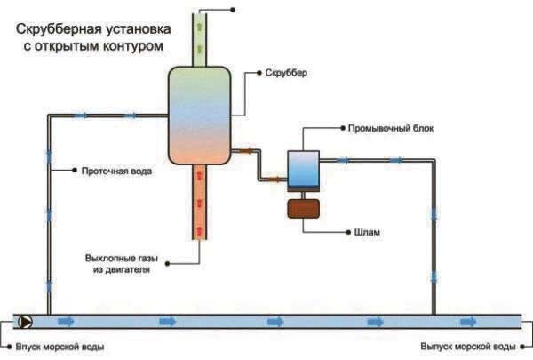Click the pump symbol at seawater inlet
(x=25, y=322)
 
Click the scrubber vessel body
(x=200, y=116)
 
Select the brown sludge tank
(x=303, y=209)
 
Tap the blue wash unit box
(x=303, y=169)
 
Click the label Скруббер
(x=286, y=73)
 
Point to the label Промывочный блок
(x=391, y=128)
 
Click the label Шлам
(x=367, y=232)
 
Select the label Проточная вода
(x=116, y=171)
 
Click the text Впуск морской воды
(x=60, y=347)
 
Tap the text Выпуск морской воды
(x=468, y=347)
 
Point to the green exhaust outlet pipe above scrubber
(x=199, y=40)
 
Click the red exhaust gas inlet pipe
(x=199, y=202)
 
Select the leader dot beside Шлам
(x=348, y=232)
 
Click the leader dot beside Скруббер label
(x=259, y=73)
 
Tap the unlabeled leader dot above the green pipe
(x=233, y=10)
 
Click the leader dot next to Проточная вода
(x=75, y=170)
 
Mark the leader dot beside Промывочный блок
(x=343, y=128)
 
